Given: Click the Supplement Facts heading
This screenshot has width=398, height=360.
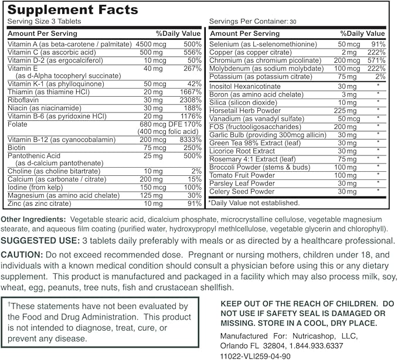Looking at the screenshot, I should click(x=73, y=10).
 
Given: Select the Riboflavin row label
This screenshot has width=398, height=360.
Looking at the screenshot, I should click(x=23, y=100).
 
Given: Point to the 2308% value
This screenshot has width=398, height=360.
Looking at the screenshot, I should click(x=189, y=100).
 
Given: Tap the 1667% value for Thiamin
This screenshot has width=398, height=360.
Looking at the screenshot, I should click(x=189, y=91).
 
